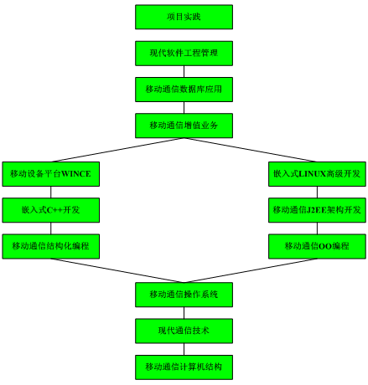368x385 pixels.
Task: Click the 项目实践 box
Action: click(x=184, y=17)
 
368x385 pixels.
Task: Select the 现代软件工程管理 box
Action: click(x=184, y=54)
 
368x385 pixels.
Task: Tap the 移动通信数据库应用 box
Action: click(x=184, y=90)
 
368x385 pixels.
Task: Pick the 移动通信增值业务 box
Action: click(x=184, y=126)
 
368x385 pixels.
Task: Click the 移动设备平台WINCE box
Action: click(x=51, y=174)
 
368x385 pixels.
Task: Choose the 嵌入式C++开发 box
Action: click(x=51, y=210)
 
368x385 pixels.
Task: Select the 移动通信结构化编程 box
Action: click(x=51, y=246)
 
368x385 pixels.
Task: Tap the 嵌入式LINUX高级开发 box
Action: click(x=317, y=174)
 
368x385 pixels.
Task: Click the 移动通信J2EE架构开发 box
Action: click(x=317, y=210)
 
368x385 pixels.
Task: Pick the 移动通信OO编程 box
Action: click(x=317, y=246)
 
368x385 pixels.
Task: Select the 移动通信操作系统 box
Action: click(x=184, y=295)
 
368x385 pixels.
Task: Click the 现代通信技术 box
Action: click(x=184, y=331)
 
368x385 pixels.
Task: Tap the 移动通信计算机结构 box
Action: click(x=184, y=367)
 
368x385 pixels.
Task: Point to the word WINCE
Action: click(x=76, y=174)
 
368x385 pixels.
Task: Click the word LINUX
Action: click(x=313, y=174)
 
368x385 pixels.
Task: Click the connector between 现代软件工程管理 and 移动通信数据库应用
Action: click(x=184, y=71)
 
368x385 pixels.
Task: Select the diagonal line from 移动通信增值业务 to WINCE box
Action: click(x=117, y=150)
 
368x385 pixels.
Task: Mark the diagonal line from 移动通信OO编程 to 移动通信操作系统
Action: click(x=251, y=270)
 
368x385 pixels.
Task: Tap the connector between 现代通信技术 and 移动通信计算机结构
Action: click(x=184, y=349)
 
